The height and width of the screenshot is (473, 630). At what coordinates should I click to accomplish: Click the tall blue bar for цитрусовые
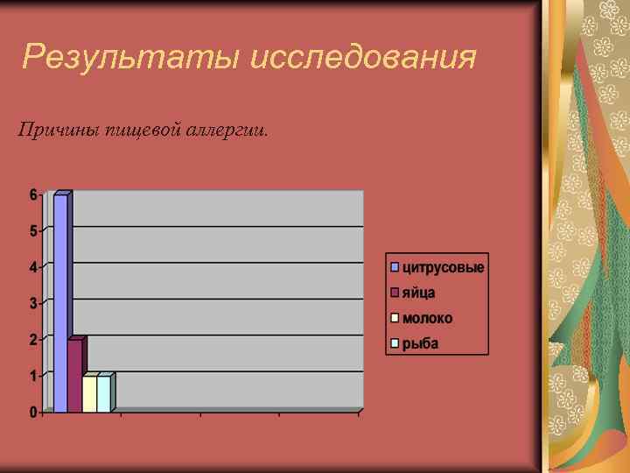coord(60,302)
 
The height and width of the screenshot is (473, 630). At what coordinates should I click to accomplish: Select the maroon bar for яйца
coord(74,375)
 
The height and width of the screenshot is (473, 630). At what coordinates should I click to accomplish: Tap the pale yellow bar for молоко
coord(89,393)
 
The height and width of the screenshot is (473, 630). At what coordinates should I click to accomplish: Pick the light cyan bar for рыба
coord(103,393)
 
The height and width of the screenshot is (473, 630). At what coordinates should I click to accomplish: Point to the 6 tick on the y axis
coord(33,194)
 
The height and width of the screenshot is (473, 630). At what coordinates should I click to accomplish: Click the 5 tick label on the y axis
coord(33,231)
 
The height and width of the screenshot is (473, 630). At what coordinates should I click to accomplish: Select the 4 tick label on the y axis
coord(33,267)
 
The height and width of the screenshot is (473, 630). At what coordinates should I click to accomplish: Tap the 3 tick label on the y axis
coord(33,304)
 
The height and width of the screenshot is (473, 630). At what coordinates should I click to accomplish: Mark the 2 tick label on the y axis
coord(33,340)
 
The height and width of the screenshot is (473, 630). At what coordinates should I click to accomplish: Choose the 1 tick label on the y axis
coord(33,376)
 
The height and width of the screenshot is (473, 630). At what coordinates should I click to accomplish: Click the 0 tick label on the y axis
coord(33,412)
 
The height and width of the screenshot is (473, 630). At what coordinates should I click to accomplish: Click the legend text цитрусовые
coord(443,266)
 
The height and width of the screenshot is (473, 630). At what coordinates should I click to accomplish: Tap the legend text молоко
coord(427,318)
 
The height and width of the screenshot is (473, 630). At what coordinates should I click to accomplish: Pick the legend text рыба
coord(420,343)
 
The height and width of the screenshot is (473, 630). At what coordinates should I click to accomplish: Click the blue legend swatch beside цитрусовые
coord(395,266)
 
